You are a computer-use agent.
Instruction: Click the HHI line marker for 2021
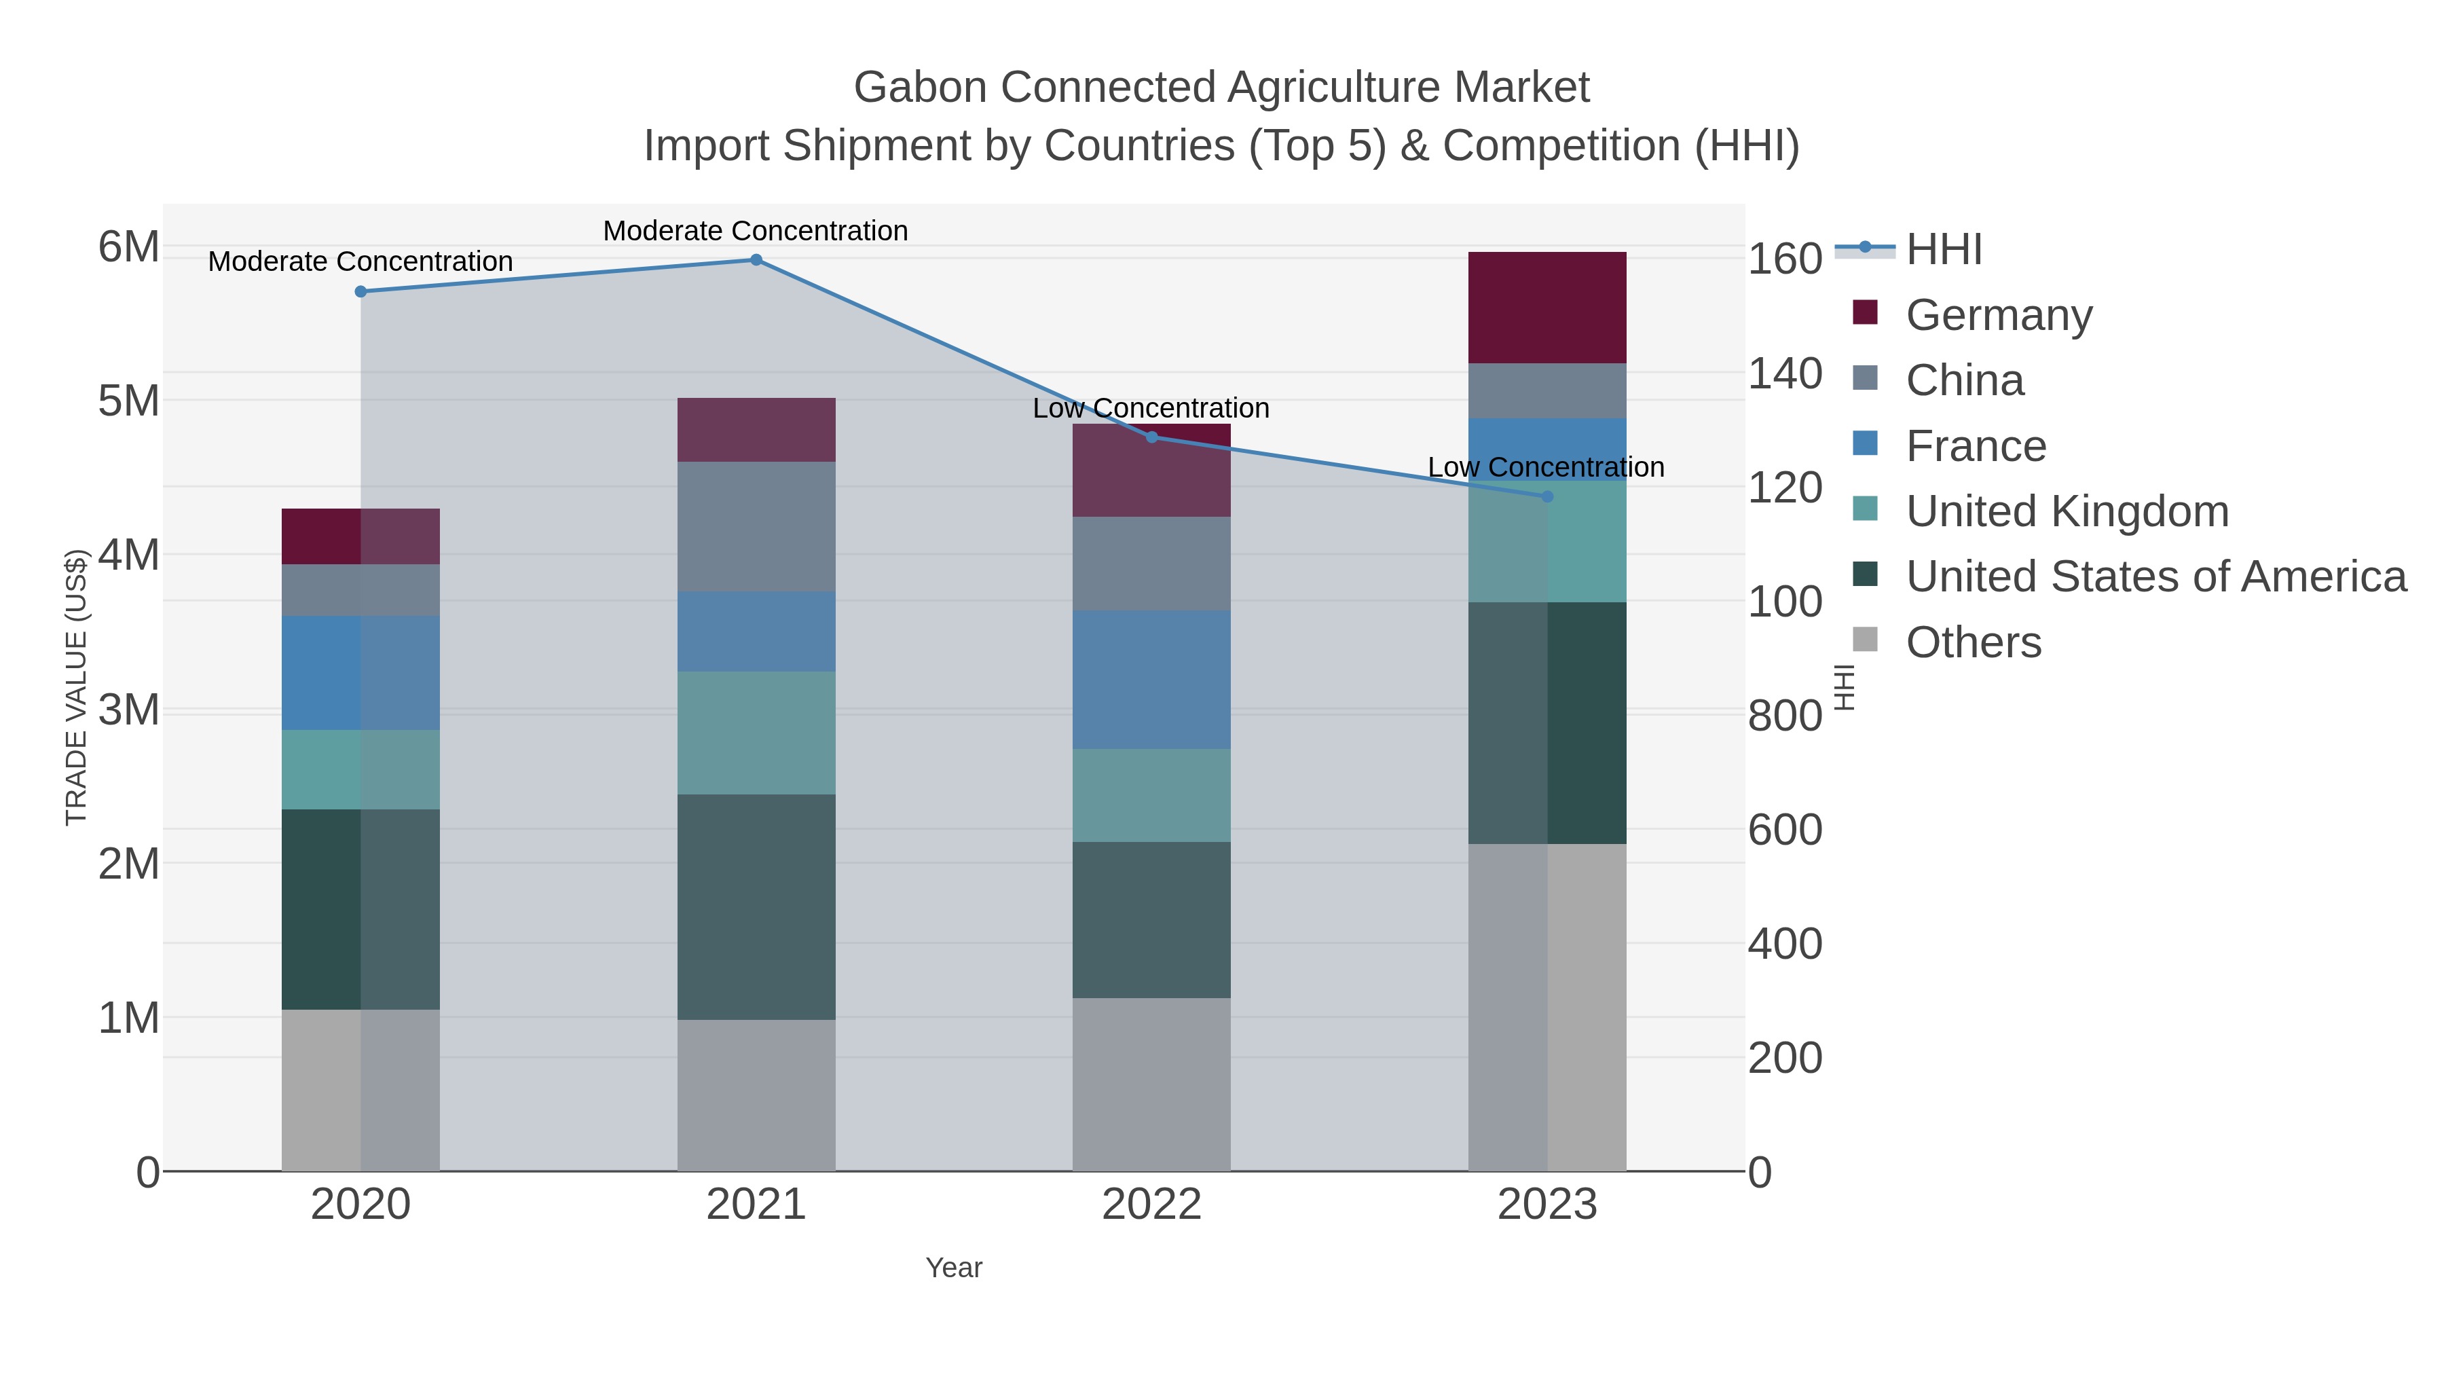pyautogui.click(x=756, y=260)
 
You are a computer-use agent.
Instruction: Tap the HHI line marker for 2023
pyautogui.click(x=1547, y=496)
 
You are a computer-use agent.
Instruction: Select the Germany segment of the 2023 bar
pyautogui.click(x=1547, y=308)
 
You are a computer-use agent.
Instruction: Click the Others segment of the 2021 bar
pyautogui.click(x=756, y=1095)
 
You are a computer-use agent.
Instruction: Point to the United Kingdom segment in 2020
pyautogui.click(x=360, y=769)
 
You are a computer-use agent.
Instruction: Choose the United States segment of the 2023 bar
pyautogui.click(x=1547, y=723)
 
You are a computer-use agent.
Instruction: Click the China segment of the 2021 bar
pyautogui.click(x=756, y=527)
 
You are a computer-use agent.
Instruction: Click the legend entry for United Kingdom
pyautogui.click(x=2067, y=511)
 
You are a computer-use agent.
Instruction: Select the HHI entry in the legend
pyautogui.click(x=1943, y=250)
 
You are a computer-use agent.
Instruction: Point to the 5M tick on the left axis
pyautogui.click(x=129, y=401)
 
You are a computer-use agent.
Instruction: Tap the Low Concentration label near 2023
pyautogui.click(x=1546, y=467)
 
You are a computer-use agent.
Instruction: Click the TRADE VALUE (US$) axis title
pyautogui.click(x=76, y=687)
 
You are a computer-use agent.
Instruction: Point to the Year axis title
pyautogui.click(x=954, y=1267)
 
